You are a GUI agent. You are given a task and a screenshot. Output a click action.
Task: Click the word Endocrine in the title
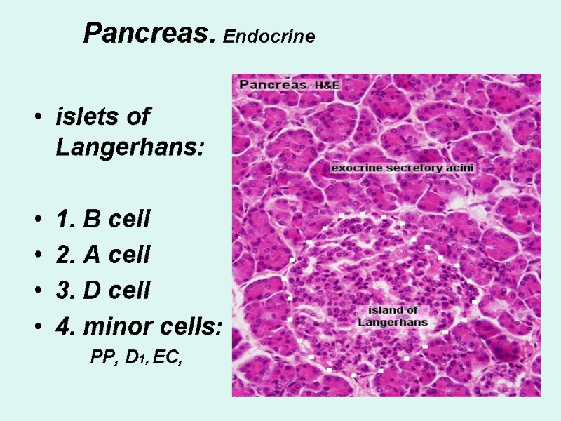point(269,36)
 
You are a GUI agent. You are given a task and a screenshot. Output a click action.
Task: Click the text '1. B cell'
point(102,220)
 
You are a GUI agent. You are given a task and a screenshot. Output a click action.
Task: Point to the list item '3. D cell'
point(102,290)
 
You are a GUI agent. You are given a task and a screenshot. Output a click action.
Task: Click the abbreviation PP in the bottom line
point(102,358)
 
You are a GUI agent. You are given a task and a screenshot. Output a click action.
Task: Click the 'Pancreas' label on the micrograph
point(273,84)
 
